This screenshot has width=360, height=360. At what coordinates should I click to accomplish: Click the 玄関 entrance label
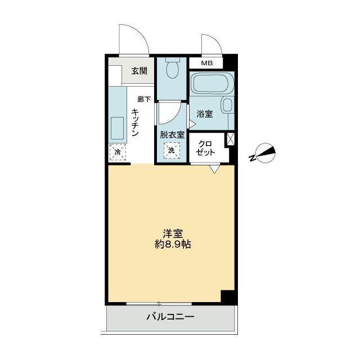(x=139, y=71)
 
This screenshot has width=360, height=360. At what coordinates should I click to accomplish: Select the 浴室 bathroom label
(x=204, y=114)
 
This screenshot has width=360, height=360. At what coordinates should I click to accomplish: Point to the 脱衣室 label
(x=172, y=134)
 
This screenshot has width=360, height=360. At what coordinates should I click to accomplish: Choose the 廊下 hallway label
(x=144, y=100)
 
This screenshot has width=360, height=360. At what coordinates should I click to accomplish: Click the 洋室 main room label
(x=172, y=233)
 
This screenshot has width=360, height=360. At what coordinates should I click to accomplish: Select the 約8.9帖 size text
(x=172, y=245)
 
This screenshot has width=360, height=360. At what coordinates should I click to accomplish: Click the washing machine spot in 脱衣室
(x=172, y=150)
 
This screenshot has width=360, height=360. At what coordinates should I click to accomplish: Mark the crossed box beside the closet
(x=230, y=139)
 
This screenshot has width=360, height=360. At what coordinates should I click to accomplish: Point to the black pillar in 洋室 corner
(x=227, y=296)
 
